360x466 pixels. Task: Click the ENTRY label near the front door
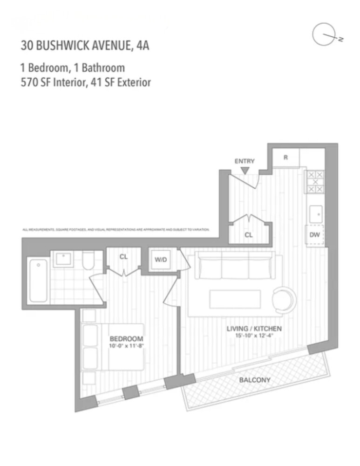pos(245,161)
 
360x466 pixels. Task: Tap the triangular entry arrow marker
pos(245,171)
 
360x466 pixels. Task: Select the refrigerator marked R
pos(285,158)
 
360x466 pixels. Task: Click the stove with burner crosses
pos(314,182)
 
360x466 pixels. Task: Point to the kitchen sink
pos(315,213)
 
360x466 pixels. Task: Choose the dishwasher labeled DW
pos(315,235)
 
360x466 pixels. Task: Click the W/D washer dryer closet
pos(161,260)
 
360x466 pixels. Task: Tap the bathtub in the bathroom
pos(38,281)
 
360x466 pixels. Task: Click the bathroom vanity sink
pos(62,259)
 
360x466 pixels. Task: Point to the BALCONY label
pos(254,380)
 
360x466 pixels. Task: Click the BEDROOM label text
pos(126,338)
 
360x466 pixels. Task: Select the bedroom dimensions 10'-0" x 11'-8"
pos(126,346)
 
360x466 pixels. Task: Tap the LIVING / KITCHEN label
pos(254,329)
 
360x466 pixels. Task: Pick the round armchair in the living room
pos(284,299)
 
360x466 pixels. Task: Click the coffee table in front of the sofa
pos(228,299)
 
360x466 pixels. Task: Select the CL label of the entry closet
pos(249,235)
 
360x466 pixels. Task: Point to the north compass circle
pos(325,36)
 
